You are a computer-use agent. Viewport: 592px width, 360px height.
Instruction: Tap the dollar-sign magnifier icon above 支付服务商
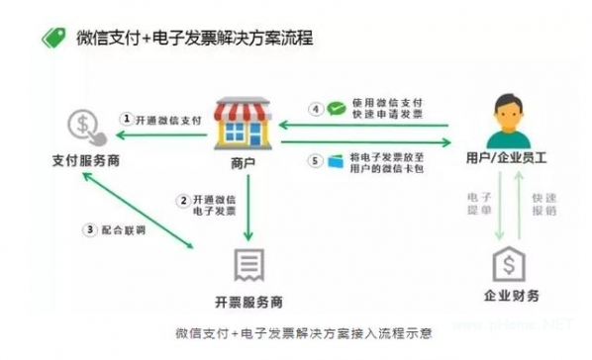82,126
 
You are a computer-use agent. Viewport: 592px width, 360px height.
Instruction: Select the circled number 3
90,230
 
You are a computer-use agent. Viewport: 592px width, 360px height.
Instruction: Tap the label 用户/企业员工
504,159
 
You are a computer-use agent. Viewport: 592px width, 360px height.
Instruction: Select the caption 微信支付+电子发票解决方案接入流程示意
295,332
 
